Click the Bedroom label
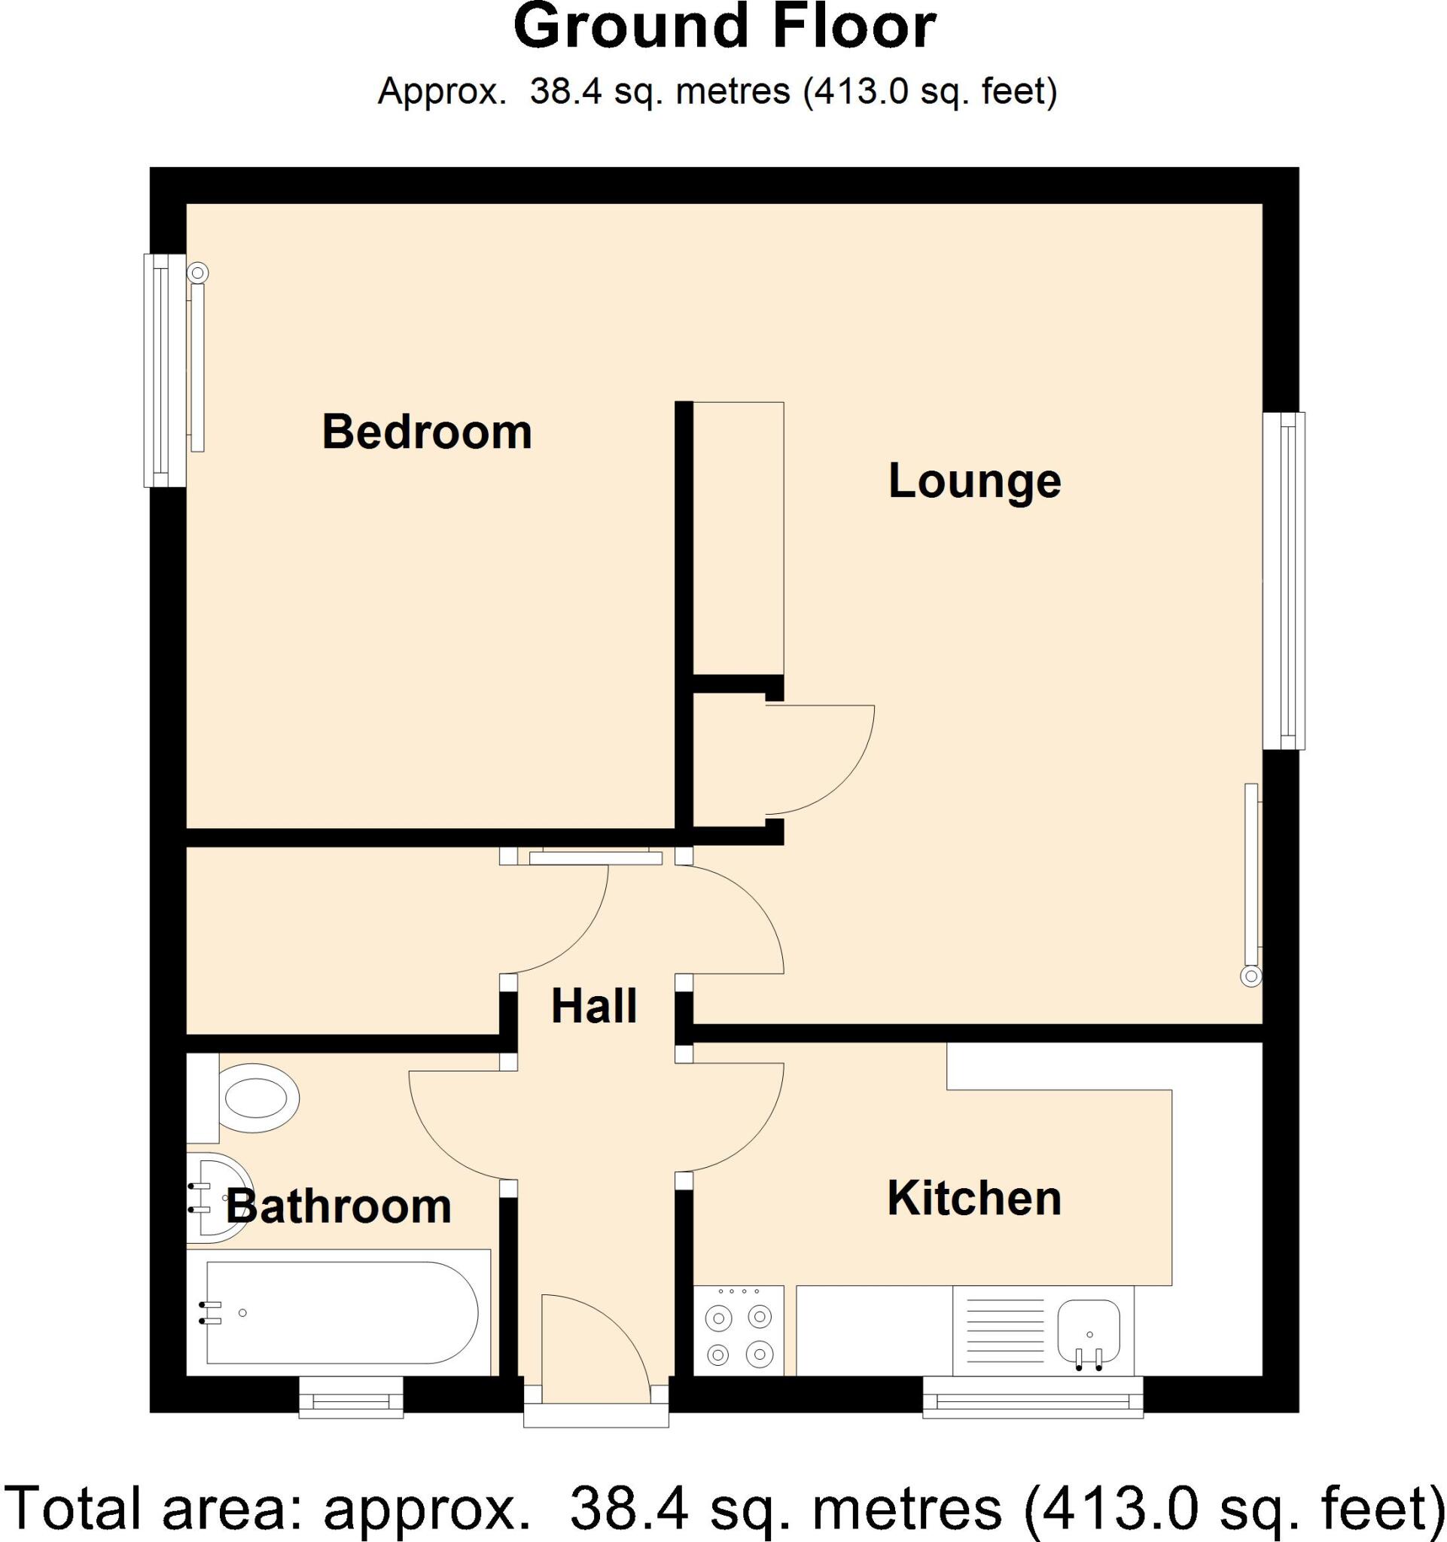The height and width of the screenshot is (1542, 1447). [427, 432]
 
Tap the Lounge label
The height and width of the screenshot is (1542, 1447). [974, 481]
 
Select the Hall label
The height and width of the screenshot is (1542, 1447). [594, 1006]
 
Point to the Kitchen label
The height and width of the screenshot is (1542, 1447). [974, 1198]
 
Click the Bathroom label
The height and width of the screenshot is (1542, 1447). [338, 1206]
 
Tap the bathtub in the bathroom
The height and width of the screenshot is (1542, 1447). [341, 1312]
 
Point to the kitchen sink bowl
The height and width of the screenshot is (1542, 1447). [1089, 1328]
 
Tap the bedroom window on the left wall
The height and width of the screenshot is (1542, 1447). [164, 370]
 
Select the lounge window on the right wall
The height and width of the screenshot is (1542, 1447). [1284, 581]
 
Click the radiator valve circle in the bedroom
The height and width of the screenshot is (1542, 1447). [199, 273]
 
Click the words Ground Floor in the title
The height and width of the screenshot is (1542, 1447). [724, 26]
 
